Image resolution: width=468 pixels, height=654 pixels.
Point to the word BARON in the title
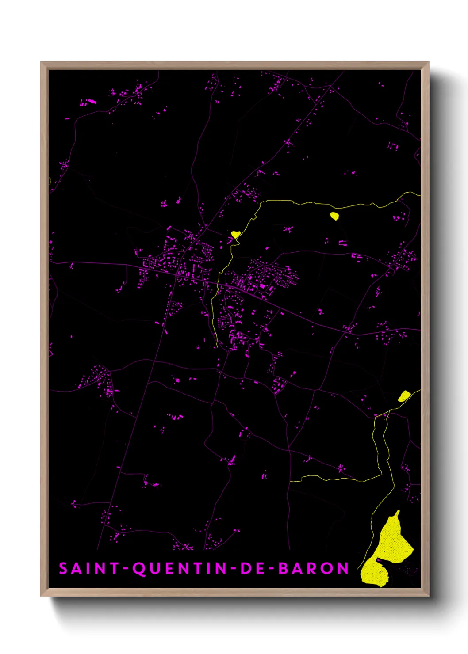coord(314,568)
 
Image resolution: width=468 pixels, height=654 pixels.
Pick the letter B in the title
coord(283,568)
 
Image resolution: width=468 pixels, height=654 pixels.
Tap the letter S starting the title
coord(63,568)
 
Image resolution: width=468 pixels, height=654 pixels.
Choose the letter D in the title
coord(246,568)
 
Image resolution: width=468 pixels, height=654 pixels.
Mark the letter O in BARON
coord(328,568)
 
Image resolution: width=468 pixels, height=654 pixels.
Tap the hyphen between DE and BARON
coord(271,569)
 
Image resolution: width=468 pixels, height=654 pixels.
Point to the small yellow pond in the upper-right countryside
coord(334,216)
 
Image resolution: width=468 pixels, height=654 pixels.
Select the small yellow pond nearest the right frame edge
coord(404,396)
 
